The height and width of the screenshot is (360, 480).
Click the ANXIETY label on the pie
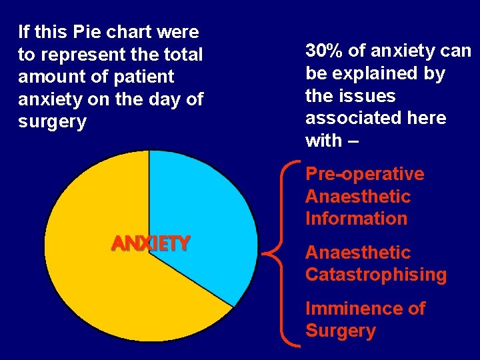[151, 243]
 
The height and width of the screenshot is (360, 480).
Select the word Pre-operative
[365, 174]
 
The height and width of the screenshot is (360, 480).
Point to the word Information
[356, 219]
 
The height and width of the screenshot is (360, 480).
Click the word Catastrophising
[376, 275]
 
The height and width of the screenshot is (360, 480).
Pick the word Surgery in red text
[341, 331]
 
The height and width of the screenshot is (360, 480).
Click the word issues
[369, 96]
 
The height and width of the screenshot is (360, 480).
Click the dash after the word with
[353, 141]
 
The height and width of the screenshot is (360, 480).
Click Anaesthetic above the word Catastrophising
[358, 253]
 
